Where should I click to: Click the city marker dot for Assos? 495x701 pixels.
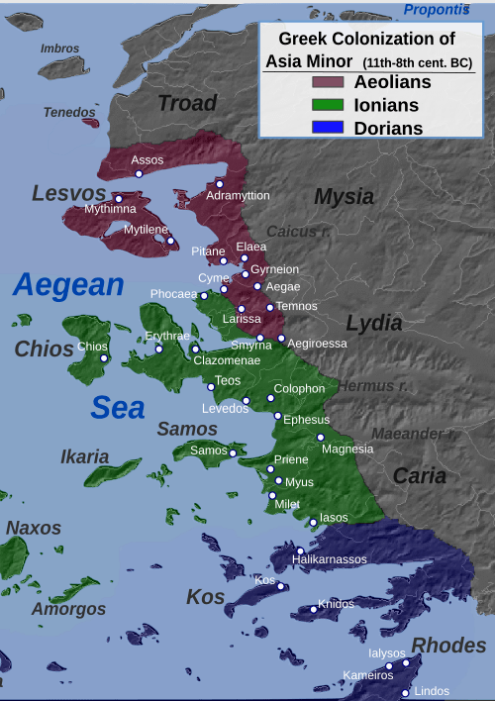pyautogui.click(x=139, y=173)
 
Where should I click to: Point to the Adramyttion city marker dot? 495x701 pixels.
pyautogui.click(x=220, y=184)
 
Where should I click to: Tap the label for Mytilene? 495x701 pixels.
pyautogui.click(x=146, y=230)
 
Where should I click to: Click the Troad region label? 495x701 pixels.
pyautogui.click(x=187, y=103)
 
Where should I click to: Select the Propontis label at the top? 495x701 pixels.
pyautogui.click(x=437, y=10)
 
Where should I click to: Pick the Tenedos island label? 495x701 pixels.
pyautogui.click(x=70, y=112)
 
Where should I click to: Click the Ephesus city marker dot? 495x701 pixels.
pyautogui.click(x=277, y=416)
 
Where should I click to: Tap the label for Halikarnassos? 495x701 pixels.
pyautogui.click(x=330, y=559)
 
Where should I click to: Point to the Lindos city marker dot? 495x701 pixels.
pyautogui.click(x=405, y=693)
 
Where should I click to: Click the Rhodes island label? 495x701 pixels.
pyautogui.click(x=448, y=646)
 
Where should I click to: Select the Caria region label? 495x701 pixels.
pyautogui.click(x=420, y=475)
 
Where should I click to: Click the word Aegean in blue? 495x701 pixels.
pyautogui.click(x=68, y=285)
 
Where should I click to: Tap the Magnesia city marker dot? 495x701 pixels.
pyautogui.click(x=321, y=437)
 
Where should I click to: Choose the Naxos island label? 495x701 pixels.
pyautogui.click(x=34, y=528)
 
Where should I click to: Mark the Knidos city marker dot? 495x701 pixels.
pyautogui.click(x=314, y=609)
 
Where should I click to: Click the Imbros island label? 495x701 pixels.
pyautogui.click(x=60, y=49)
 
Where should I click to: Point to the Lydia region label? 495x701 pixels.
pyautogui.click(x=374, y=323)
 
